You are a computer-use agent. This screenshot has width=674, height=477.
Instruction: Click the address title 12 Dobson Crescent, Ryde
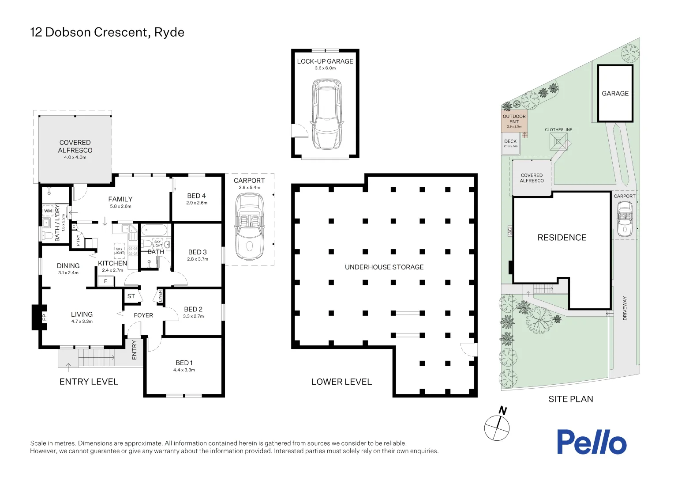coord(107,32)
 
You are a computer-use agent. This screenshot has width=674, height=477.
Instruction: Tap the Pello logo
coord(591,442)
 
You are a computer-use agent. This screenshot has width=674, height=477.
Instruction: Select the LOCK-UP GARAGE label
coord(325,61)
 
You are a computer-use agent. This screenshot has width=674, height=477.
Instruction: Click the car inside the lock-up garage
coord(326,114)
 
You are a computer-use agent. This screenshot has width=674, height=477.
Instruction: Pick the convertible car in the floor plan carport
coord(249,227)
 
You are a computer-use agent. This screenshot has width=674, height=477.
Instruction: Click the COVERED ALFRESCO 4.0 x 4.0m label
coord(75,149)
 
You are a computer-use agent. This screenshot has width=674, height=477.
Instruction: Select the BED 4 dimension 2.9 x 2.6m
coord(197,203)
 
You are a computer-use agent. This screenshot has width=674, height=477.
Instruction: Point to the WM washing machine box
coord(48,211)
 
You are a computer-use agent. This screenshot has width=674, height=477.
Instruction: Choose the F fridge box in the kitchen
coord(105,281)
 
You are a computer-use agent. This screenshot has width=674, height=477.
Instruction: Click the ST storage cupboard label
coord(131,296)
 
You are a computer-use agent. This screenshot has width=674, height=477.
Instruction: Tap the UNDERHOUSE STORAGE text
coord(384,267)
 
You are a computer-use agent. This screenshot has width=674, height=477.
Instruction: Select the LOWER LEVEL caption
coord(341,382)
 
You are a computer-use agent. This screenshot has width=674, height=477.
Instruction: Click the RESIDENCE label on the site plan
coord(562,238)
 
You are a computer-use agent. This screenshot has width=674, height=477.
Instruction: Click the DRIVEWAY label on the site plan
coord(625,308)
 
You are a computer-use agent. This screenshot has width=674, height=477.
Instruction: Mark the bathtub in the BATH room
coord(154,231)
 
